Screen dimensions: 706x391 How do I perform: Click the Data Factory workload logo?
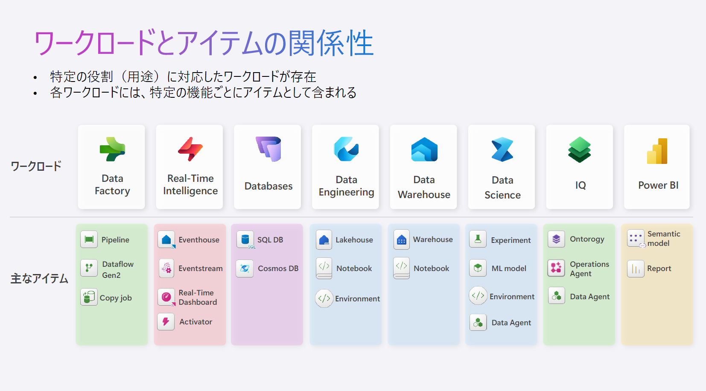coord(113,149)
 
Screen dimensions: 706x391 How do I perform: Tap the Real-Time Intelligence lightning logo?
coord(190,149)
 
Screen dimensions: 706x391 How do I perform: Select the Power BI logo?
coord(657,151)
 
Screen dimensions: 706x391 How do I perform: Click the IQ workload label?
coord(581,185)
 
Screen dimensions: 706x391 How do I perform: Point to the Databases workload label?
coord(268,186)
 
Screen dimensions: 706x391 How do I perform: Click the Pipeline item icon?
coord(89,239)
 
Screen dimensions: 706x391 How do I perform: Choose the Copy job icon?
coord(89,297)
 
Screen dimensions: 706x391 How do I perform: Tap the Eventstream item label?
coord(201,268)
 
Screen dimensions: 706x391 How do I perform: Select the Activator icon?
coord(166,322)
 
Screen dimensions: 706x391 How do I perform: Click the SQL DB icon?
coord(245,239)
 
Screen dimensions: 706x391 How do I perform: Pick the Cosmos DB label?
coord(278,268)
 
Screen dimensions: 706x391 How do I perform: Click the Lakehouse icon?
coord(324,240)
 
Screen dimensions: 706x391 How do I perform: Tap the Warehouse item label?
coord(433,239)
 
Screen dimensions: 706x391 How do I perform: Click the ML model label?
coord(509,268)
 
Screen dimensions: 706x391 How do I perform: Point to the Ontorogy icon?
coord(556,239)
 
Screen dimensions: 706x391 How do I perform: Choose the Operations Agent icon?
coord(556,268)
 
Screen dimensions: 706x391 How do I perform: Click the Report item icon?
coord(636,269)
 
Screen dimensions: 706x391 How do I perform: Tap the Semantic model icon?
coord(636,239)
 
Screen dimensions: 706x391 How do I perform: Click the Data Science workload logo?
coord(502,149)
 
